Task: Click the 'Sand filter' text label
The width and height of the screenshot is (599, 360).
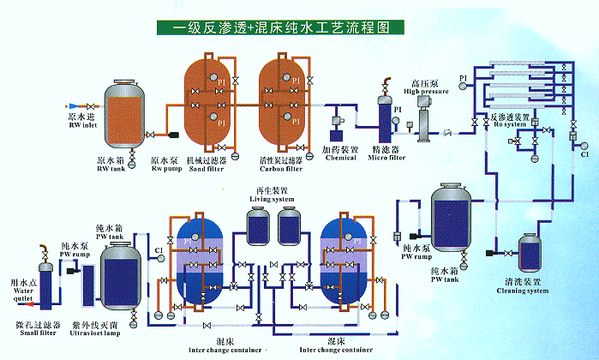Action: pyautogui.click(x=207, y=168)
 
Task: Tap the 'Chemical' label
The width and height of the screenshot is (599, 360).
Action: pyautogui.click(x=341, y=157)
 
